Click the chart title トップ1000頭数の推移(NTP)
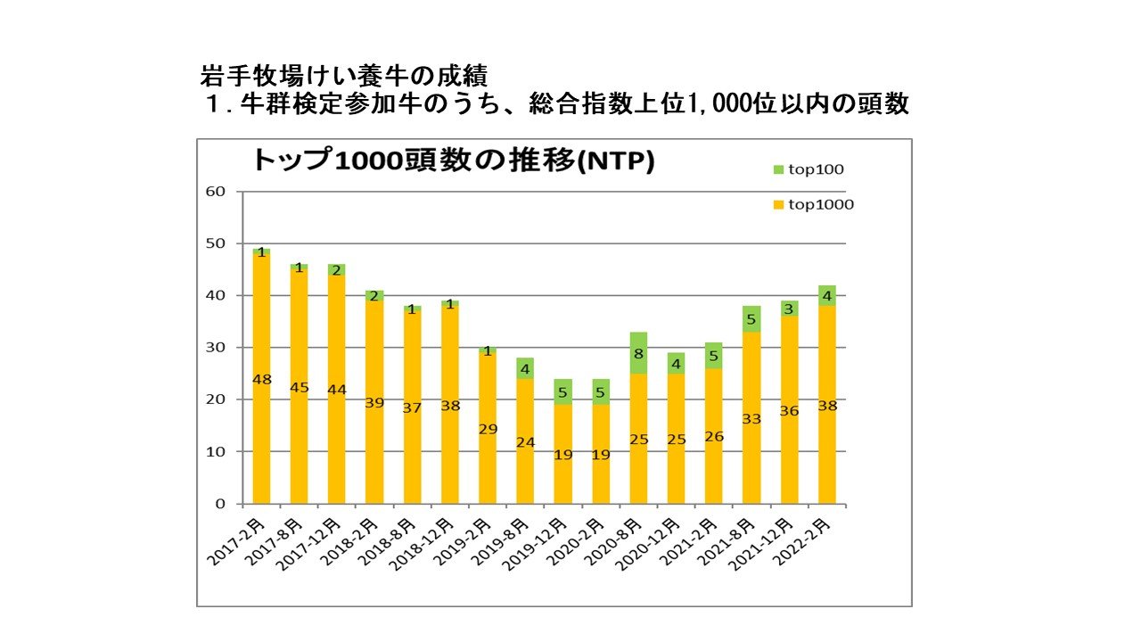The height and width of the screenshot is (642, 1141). pos(453,160)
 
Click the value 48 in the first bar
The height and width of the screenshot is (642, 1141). pos(261,379)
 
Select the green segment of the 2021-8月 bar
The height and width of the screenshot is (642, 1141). pos(751,319)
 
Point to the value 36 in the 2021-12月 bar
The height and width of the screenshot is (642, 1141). pos(790,411)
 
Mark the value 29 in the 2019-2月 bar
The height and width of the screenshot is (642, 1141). pos(488,429)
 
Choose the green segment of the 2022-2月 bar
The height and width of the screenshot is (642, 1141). pos(827,296)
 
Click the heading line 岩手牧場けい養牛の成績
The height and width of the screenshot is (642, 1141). pos(345,76)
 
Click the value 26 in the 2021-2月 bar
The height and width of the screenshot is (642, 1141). pos(714,436)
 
